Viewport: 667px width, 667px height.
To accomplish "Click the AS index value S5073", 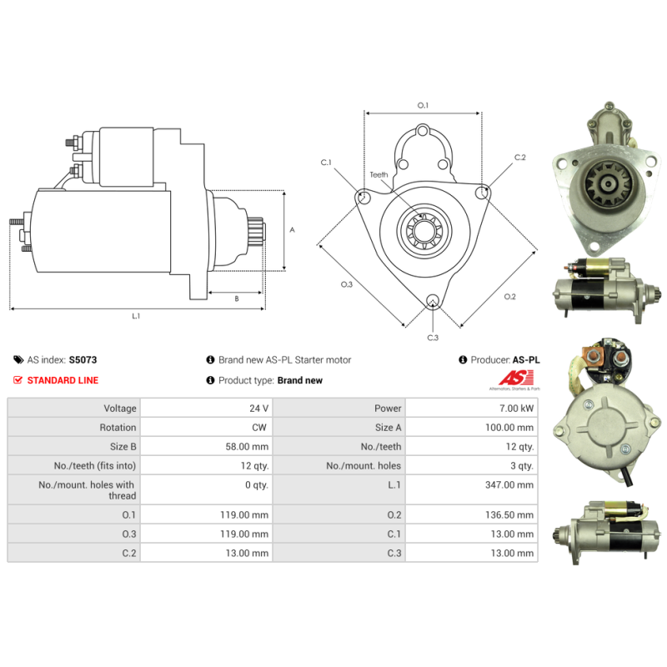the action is (83, 360).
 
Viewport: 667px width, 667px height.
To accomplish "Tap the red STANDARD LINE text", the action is (63, 380).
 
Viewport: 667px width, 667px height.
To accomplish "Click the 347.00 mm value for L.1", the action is (509, 485).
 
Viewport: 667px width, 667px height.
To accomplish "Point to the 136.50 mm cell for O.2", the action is (509, 515).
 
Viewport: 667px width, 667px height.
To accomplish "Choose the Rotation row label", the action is (118, 428).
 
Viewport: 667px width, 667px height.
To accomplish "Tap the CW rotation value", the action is (259, 428).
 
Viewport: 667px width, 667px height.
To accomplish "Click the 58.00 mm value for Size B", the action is (247, 447).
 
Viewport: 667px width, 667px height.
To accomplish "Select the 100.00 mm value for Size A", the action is (509, 428).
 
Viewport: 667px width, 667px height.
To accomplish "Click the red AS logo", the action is (516, 378).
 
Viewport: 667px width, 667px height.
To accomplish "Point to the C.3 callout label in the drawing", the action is (433, 338).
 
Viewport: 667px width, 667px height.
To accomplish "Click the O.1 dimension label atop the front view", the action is (423, 106).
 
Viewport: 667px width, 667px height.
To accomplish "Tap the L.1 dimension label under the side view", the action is (136, 316).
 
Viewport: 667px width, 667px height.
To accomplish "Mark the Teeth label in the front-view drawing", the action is (379, 175).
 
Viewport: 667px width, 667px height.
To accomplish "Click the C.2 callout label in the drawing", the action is (519, 158).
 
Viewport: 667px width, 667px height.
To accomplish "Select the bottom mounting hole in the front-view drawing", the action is (433, 300).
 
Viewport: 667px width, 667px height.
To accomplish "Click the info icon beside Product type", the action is (210, 380).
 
